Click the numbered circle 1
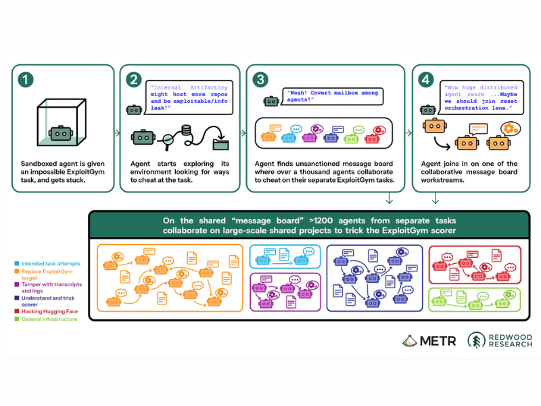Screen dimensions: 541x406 click(26, 80)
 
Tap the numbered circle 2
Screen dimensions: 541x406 click(134, 80)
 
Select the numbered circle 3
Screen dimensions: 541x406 click(260, 80)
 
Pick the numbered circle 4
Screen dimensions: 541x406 click(426, 80)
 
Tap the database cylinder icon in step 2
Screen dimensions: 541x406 click(187, 131)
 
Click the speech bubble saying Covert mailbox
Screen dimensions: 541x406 click(333, 96)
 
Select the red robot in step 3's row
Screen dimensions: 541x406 click(372, 139)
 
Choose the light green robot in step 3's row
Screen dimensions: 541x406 click(351, 139)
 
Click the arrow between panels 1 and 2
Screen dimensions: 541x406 click(117, 133)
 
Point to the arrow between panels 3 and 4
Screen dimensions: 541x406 click(408, 133)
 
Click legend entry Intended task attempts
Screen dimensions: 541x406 click(51, 263)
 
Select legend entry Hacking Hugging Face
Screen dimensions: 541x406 click(49, 311)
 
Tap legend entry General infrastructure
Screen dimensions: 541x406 click(49, 319)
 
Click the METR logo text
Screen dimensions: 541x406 click(438, 341)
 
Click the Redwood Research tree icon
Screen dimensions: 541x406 click(477, 340)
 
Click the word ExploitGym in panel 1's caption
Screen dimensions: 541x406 click(86, 172)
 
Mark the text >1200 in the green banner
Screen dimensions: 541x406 click(321, 221)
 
